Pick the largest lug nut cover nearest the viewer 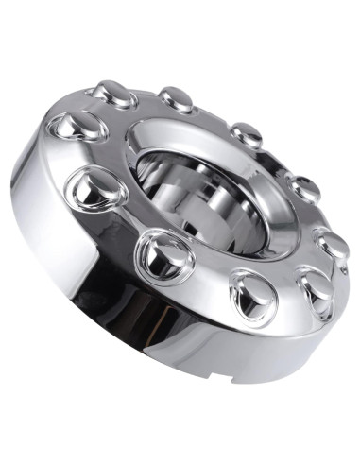click(164, 254)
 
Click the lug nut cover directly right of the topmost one click(177, 97)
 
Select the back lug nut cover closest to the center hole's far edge click(247, 134)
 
